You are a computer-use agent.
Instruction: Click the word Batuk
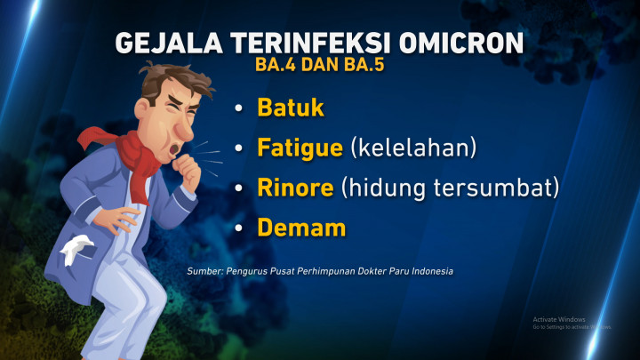click(x=291, y=108)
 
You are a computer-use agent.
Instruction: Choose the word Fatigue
click(x=300, y=148)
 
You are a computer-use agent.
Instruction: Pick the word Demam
click(x=301, y=228)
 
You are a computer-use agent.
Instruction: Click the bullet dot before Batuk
click(x=238, y=109)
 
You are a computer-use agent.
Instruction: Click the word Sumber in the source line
click(x=204, y=271)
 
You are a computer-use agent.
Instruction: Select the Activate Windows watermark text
click(x=559, y=319)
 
